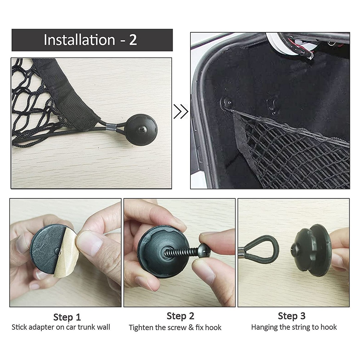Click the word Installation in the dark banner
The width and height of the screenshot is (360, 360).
[80, 40]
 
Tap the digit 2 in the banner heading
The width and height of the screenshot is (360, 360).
[133, 40]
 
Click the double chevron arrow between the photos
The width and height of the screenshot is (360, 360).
[181, 112]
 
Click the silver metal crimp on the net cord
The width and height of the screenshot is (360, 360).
[110, 127]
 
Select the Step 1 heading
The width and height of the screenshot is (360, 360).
[67, 317]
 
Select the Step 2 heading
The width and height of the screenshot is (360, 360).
[180, 316]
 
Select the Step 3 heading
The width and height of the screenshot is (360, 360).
[292, 316]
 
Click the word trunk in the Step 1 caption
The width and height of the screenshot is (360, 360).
[86, 327]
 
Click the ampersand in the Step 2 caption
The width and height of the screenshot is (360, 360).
[191, 327]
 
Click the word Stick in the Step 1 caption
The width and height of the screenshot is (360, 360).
[19, 327]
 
